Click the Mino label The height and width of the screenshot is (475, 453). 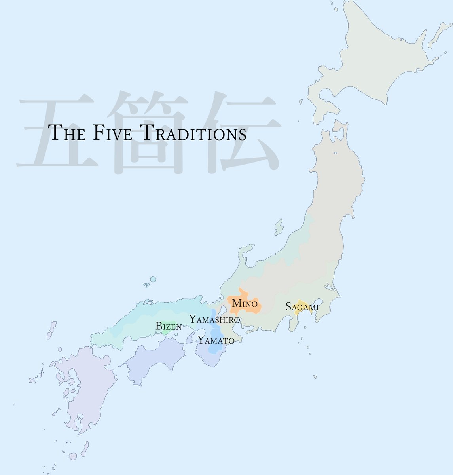click(245, 304)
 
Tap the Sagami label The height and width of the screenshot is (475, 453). click(302, 307)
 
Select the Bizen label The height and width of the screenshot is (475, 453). click(168, 327)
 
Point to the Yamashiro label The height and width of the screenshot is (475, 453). click(214, 319)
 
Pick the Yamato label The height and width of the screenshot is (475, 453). click(216, 340)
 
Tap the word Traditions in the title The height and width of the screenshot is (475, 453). click(193, 133)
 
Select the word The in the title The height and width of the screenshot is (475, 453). click(66, 133)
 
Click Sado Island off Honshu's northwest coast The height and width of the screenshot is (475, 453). click(279, 228)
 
